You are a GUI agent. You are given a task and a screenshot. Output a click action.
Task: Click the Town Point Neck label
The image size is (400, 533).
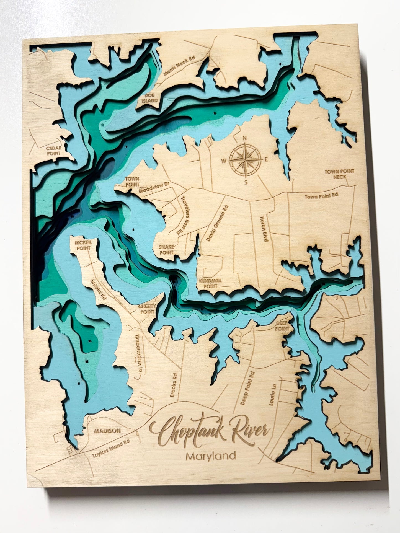pyautogui.click(x=336, y=174)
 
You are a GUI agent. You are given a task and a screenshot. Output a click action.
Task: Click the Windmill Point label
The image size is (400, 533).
pyautogui.click(x=213, y=283)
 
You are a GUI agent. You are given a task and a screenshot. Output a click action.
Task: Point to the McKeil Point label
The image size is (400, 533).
pyautogui.click(x=83, y=245)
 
